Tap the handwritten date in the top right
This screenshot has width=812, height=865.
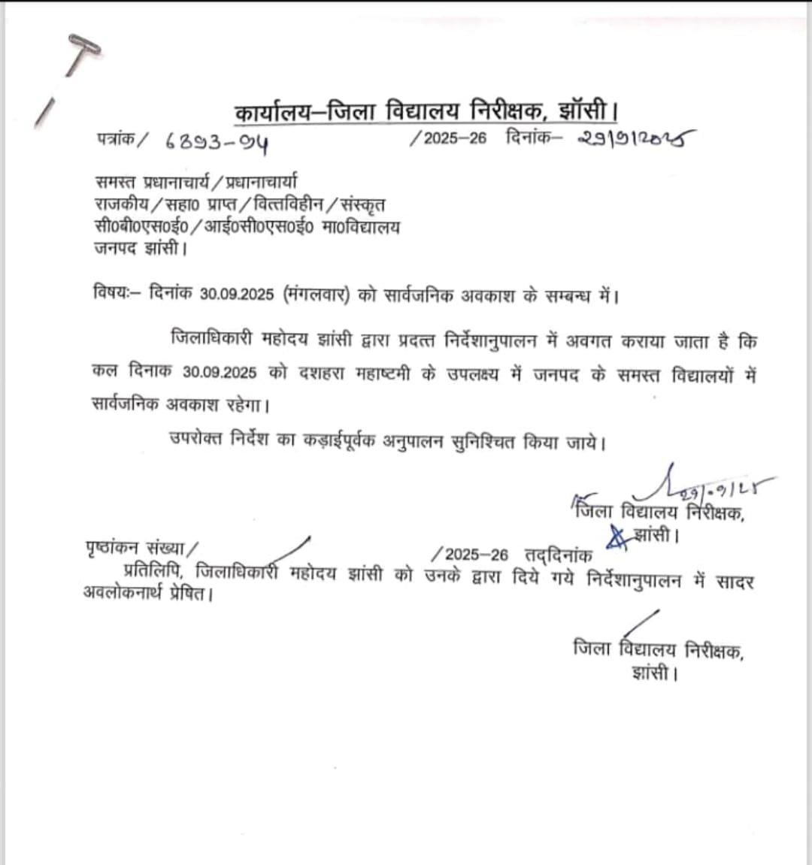click(x=636, y=138)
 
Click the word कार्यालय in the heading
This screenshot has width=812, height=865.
click(x=271, y=113)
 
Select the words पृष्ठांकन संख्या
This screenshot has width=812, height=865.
click(x=141, y=547)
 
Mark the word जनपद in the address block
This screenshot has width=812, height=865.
click(x=114, y=248)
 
